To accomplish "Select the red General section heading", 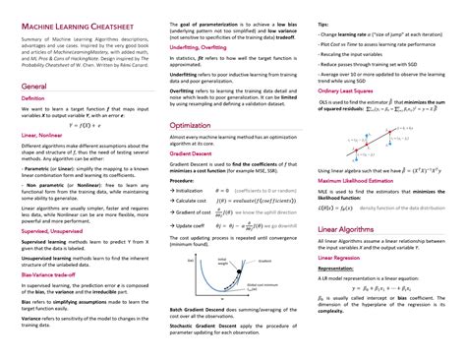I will pyautogui.click(x=34, y=88).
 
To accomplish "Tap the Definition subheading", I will pyautogui.click(x=32, y=99).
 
